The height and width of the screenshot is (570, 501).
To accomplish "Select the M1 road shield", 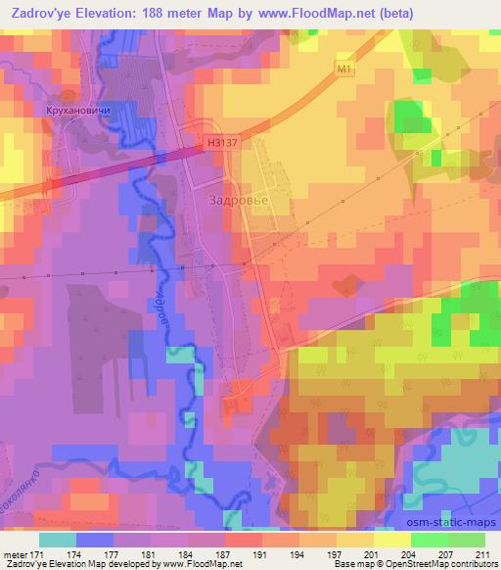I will (342, 70).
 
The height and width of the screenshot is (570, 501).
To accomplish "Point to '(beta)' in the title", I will (390, 14).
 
